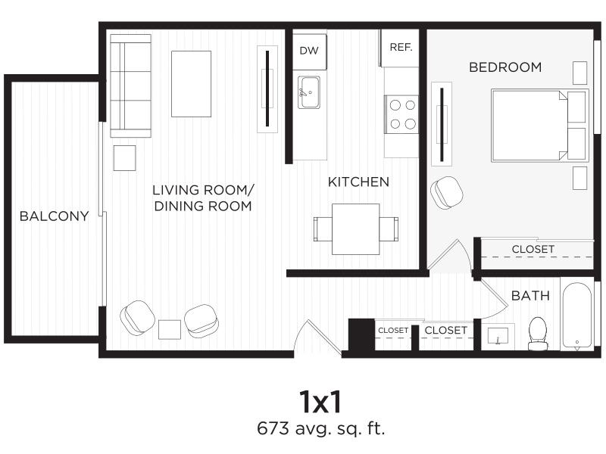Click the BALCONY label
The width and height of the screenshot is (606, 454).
(x=54, y=216)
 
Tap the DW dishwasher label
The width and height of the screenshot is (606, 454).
(x=308, y=51)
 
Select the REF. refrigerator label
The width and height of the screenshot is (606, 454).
(x=401, y=47)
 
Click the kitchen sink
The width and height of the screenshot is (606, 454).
(x=308, y=92)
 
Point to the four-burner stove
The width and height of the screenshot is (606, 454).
(x=401, y=113)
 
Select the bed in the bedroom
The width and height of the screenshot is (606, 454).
(x=538, y=126)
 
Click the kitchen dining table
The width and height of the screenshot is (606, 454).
(x=355, y=229)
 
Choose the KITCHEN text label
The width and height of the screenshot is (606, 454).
(x=358, y=182)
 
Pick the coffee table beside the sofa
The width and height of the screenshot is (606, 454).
(x=191, y=83)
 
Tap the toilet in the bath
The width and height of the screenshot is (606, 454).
(x=538, y=333)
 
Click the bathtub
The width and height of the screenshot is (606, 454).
(x=578, y=316)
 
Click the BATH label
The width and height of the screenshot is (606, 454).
(x=530, y=296)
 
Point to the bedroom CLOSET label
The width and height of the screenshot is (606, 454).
(x=533, y=249)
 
